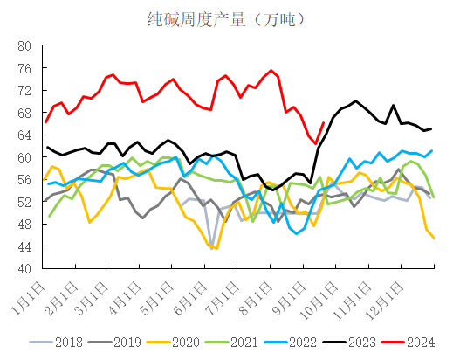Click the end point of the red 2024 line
point(324,123)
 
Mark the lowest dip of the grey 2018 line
point(212,247)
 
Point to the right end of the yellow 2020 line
point(434,238)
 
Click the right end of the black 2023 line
point(431,128)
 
